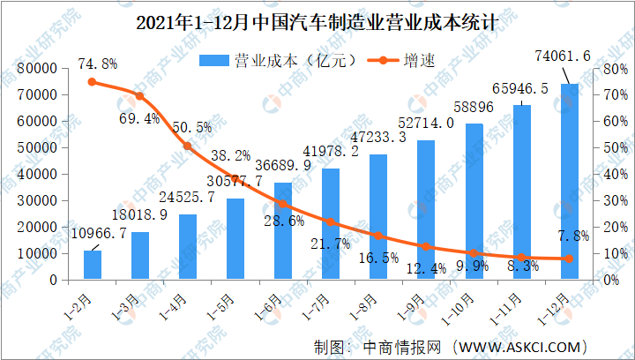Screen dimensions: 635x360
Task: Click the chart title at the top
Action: [316, 22]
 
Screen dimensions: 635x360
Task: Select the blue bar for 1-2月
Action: [93, 265]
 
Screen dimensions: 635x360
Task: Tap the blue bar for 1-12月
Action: [570, 182]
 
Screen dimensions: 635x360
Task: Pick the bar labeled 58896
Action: [474, 201]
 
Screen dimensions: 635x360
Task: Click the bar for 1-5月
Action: [235, 239]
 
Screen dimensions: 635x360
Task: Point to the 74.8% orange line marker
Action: [92, 82]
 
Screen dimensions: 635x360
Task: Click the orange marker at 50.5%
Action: [188, 146]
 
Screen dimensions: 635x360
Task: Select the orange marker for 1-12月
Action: [570, 259]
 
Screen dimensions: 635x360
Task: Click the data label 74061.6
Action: [563, 56]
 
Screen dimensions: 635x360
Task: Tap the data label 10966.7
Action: [99, 233]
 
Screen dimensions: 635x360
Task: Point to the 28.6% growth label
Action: [284, 221]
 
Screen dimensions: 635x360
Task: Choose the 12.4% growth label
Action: [427, 267]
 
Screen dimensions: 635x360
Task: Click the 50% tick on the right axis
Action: [611, 148]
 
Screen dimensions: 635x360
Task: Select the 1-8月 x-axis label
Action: [364, 308]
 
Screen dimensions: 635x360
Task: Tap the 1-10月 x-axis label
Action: [457, 310]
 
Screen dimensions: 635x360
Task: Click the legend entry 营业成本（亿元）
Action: [280, 61]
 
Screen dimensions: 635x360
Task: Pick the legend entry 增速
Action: [401, 61]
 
